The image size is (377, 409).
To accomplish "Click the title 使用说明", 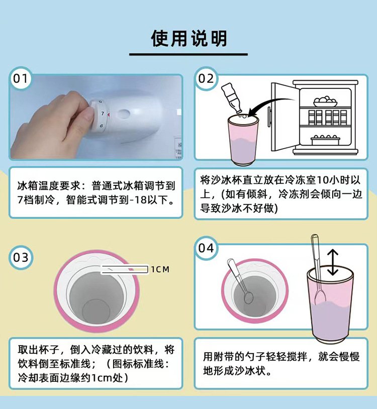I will point(189,38).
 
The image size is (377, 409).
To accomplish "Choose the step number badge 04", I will point(206,248).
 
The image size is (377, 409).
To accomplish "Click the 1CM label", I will point(160,270).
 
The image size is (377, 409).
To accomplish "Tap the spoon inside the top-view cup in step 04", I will point(241,281).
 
